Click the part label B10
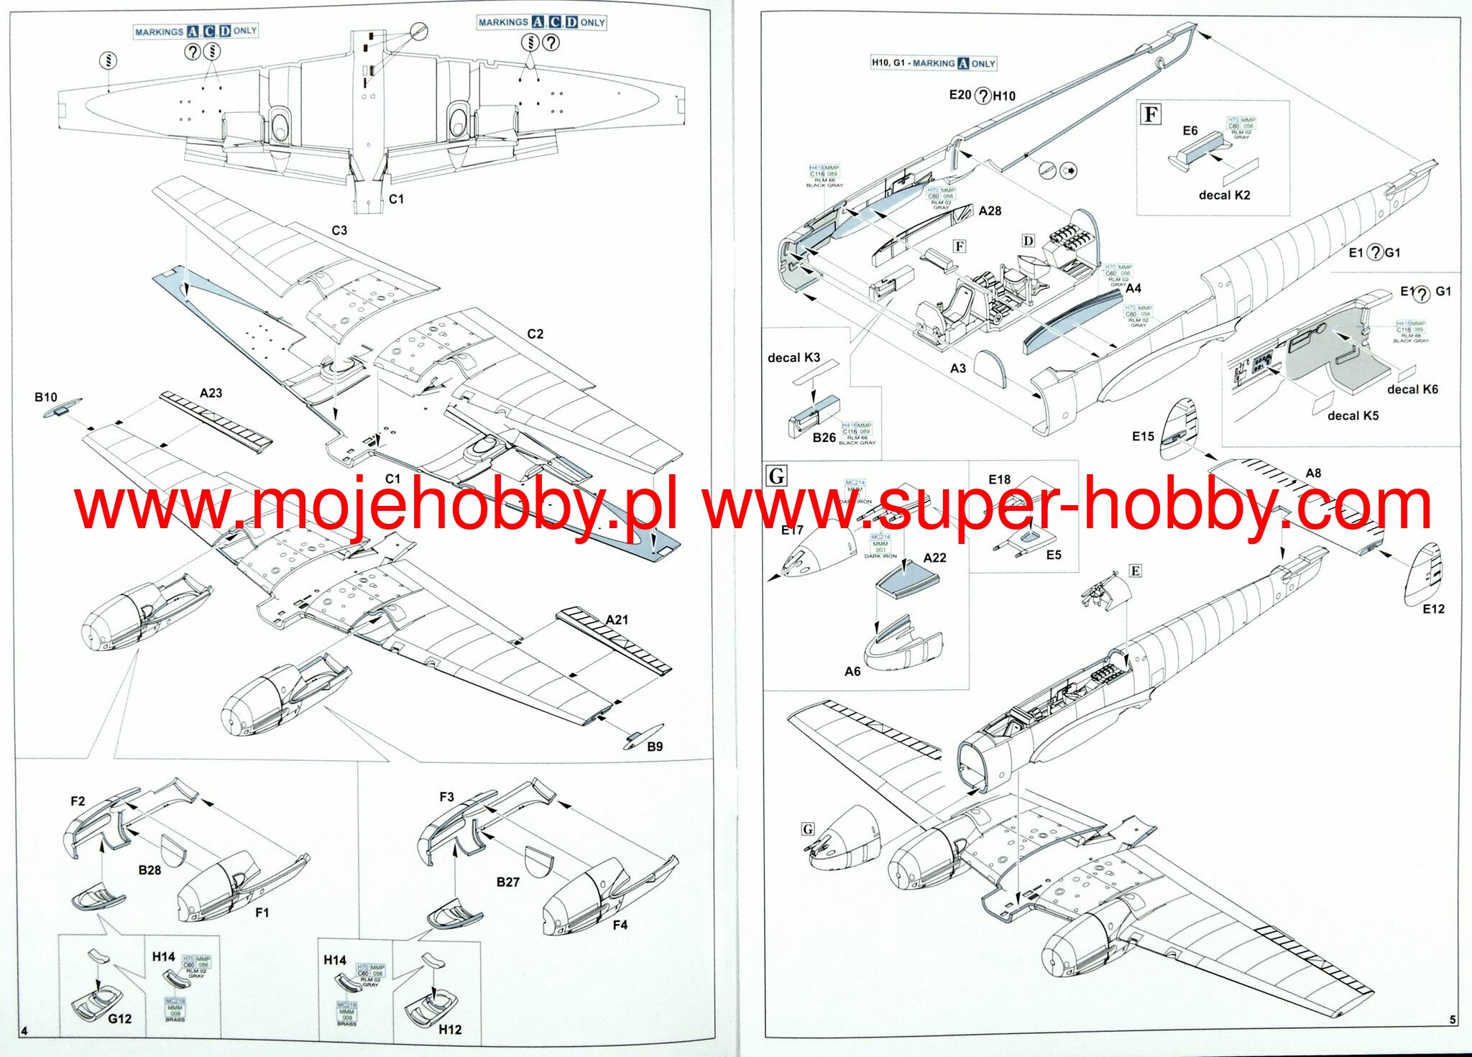(x=45, y=397)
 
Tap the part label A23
(x=211, y=393)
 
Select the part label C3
(x=339, y=231)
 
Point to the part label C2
(x=535, y=334)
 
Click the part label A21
(x=617, y=619)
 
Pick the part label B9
(x=655, y=747)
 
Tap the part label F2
(x=78, y=801)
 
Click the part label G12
(x=120, y=1019)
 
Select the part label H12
(x=450, y=1030)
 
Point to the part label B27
(x=507, y=882)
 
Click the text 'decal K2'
(x=1224, y=195)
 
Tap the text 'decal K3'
(x=793, y=358)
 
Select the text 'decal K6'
(x=1412, y=389)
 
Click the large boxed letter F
(x=1151, y=114)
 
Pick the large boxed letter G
(x=777, y=476)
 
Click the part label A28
(x=990, y=211)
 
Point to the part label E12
(x=1433, y=609)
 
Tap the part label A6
(x=852, y=671)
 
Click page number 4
(x=24, y=1031)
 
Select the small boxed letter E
(x=1135, y=571)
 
